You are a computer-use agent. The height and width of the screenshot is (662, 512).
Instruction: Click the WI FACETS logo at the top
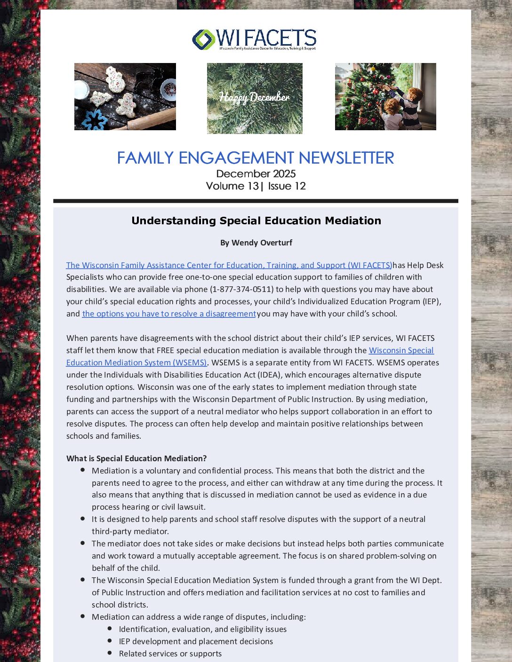pyautogui.click(x=254, y=39)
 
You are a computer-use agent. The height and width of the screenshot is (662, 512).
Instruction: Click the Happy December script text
pyautogui.click(x=254, y=97)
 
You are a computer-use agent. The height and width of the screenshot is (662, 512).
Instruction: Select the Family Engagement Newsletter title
pyautogui.click(x=255, y=158)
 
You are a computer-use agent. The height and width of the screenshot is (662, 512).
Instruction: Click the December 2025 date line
pyautogui.click(x=256, y=174)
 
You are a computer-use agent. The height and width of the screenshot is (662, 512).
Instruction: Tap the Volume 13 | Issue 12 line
pyautogui.click(x=256, y=186)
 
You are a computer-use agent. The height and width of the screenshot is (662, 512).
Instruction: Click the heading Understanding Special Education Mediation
pyautogui.click(x=256, y=221)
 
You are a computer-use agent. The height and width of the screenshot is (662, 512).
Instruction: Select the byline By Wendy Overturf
pyautogui.click(x=256, y=243)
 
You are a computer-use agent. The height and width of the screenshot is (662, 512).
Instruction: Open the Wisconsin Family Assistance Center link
pyautogui.click(x=229, y=265)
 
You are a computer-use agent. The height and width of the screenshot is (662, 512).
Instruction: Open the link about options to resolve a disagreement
pyautogui.click(x=169, y=314)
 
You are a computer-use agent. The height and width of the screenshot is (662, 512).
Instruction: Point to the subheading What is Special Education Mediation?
pyautogui.click(x=136, y=458)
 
